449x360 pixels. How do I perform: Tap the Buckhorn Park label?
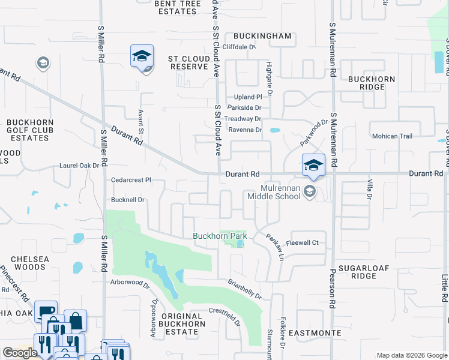[220, 236]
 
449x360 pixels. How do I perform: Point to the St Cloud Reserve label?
[188, 62]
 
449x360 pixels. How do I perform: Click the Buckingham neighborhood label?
[262, 36]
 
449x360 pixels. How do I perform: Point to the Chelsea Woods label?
[28, 262]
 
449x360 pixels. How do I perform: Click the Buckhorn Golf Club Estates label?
[30, 130]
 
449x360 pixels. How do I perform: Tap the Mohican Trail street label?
[392, 136]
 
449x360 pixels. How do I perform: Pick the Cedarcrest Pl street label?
[131, 179]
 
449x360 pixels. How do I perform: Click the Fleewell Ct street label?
[302, 243]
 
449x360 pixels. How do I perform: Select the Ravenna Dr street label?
[243, 130]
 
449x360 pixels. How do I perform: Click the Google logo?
[20, 353]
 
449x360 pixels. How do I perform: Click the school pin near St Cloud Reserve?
[142, 58]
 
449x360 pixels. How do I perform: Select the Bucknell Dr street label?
[128, 199]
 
